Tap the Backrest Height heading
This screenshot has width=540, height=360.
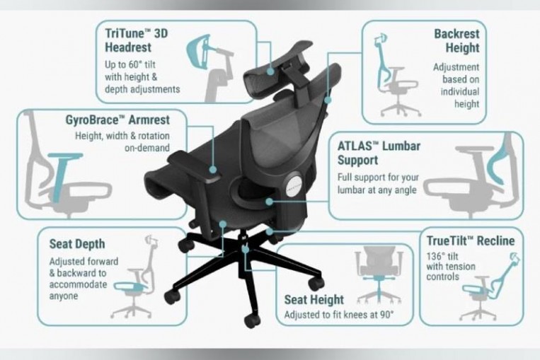[x=456, y=41]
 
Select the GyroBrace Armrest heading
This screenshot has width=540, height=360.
[x=113, y=119]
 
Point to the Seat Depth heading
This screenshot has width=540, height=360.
[x=77, y=244]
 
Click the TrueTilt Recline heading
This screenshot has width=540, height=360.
[x=470, y=241]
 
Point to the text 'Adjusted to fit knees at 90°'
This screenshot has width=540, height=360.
[x=338, y=315]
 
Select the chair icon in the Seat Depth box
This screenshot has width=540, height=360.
[x=131, y=290]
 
